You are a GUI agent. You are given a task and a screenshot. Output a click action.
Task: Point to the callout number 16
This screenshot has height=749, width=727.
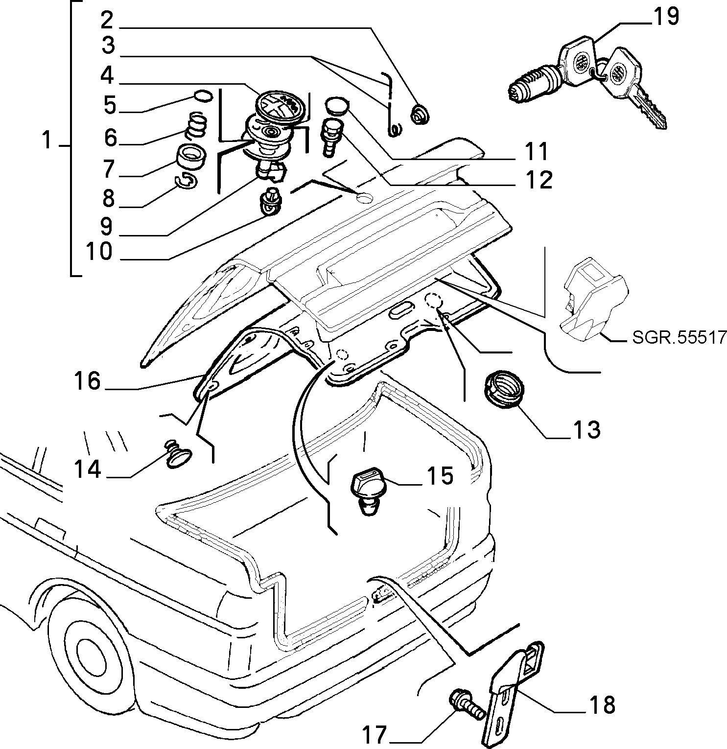87,381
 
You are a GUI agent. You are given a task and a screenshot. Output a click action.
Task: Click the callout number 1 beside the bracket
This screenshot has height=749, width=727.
47,141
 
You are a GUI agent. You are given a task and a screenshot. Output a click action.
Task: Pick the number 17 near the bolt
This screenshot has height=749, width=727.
376,734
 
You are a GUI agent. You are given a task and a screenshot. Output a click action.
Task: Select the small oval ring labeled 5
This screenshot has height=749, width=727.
204,95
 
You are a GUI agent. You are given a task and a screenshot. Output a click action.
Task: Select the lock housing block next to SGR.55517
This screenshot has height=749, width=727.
594,300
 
